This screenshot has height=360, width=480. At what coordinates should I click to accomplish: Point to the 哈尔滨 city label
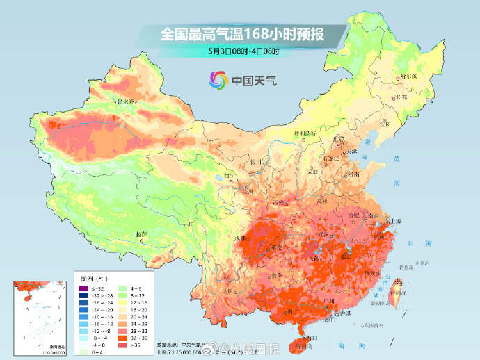(x=413, y=76)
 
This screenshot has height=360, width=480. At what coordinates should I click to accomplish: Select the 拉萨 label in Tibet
(x=142, y=234)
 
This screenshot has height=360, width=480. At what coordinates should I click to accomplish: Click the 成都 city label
(x=241, y=238)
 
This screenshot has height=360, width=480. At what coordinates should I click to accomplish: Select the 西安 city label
(x=280, y=202)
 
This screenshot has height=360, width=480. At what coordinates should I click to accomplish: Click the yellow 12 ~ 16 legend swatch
(x=122, y=304)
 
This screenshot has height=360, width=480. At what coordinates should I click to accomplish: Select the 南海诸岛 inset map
(x=42, y=316)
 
